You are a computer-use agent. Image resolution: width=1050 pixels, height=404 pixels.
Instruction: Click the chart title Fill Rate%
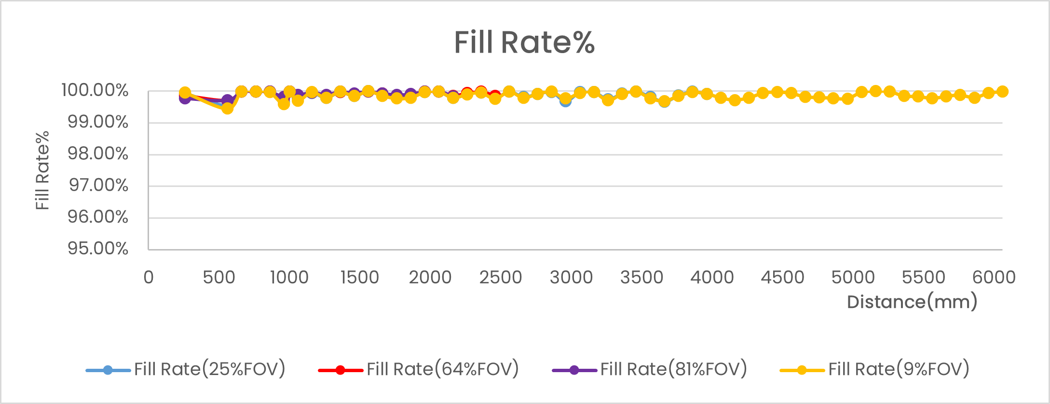[x=524, y=42]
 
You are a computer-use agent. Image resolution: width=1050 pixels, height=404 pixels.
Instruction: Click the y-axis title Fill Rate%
[x=42, y=170]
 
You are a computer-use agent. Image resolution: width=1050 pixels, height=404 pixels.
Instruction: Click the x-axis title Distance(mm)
[x=912, y=302]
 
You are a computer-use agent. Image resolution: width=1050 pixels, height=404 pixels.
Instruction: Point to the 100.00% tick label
[x=95, y=90]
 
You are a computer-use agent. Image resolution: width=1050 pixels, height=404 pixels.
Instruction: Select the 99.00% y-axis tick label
[x=98, y=122]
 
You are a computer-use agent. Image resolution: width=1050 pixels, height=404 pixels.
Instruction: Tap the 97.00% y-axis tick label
[x=98, y=185]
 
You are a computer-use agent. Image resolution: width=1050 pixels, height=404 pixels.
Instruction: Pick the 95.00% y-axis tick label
[x=98, y=249]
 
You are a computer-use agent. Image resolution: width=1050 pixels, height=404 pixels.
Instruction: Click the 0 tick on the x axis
[x=149, y=278]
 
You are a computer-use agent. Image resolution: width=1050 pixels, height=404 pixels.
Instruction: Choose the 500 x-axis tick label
[x=219, y=278]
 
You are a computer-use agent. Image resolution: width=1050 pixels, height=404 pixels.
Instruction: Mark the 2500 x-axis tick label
[x=501, y=278]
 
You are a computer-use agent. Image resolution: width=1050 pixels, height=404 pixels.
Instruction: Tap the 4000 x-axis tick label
[x=712, y=278]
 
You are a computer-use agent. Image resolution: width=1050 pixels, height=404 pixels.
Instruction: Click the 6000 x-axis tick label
[x=994, y=278]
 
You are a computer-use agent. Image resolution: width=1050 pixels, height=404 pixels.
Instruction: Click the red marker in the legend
[x=341, y=370]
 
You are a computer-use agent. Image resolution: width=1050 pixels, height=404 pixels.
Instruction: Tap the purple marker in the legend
[x=574, y=370]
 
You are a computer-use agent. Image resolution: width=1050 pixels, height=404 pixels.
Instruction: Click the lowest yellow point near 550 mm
[x=227, y=109]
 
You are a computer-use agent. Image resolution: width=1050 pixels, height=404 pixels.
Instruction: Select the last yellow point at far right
[x=1002, y=91]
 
